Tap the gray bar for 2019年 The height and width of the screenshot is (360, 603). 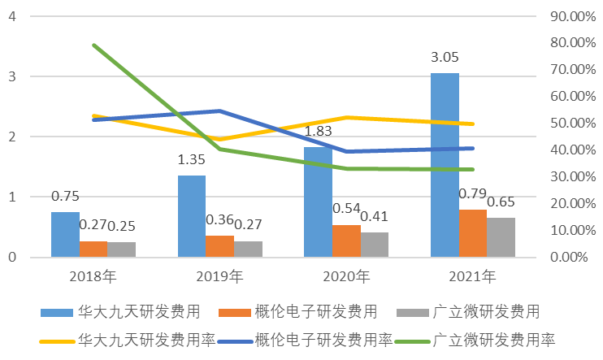(248, 249)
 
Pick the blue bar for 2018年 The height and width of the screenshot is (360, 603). (65, 234)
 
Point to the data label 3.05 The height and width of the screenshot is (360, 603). (445, 57)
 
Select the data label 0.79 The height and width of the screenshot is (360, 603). (472, 194)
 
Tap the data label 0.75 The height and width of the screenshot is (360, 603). (65, 197)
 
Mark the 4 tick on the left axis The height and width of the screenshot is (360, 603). (11, 16)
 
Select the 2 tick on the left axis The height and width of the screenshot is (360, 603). (11, 137)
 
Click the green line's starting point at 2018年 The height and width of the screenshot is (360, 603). (94, 45)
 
